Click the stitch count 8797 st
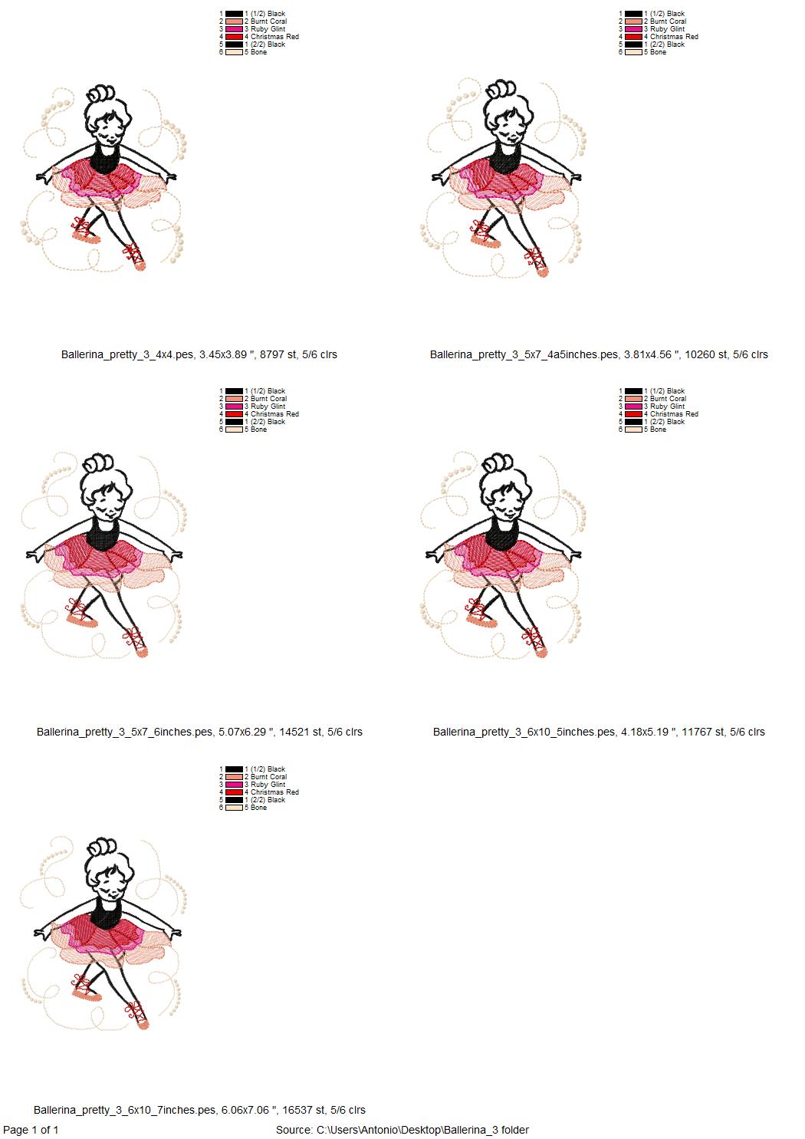(278, 354)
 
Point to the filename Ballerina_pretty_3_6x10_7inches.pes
(124, 1110)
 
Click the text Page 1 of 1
(31, 1130)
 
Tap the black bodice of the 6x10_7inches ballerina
(106, 910)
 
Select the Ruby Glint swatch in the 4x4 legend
(234, 29)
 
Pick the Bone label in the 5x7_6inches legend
(258, 430)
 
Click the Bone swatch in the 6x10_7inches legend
(234, 808)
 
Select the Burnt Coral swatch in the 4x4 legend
(234, 21)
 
